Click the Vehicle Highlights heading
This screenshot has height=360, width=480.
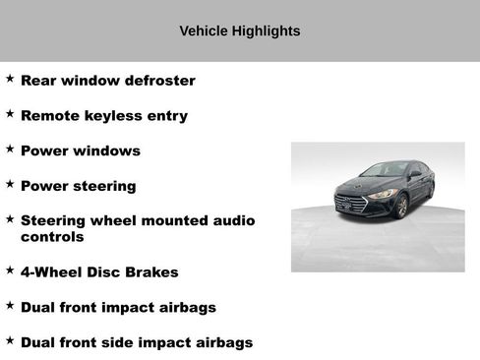[x=239, y=30]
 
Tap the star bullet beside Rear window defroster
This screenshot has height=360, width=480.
[x=10, y=78]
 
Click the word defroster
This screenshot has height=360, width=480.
[x=158, y=81]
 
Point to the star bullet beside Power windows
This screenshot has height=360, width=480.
[x=10, y=149]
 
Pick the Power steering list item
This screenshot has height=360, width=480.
[x=78, y=186]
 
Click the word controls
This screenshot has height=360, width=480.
[x=52, y=237]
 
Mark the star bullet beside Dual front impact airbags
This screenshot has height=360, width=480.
[x=10, y=305]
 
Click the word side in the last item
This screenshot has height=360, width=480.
[x=145, y=342]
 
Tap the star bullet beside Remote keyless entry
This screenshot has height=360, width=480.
[x=10, y=113]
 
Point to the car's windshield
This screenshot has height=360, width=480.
[x=383, y=170]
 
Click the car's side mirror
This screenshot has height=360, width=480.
[x=415, y=175]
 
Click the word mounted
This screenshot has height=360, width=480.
[x=185, y=220]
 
